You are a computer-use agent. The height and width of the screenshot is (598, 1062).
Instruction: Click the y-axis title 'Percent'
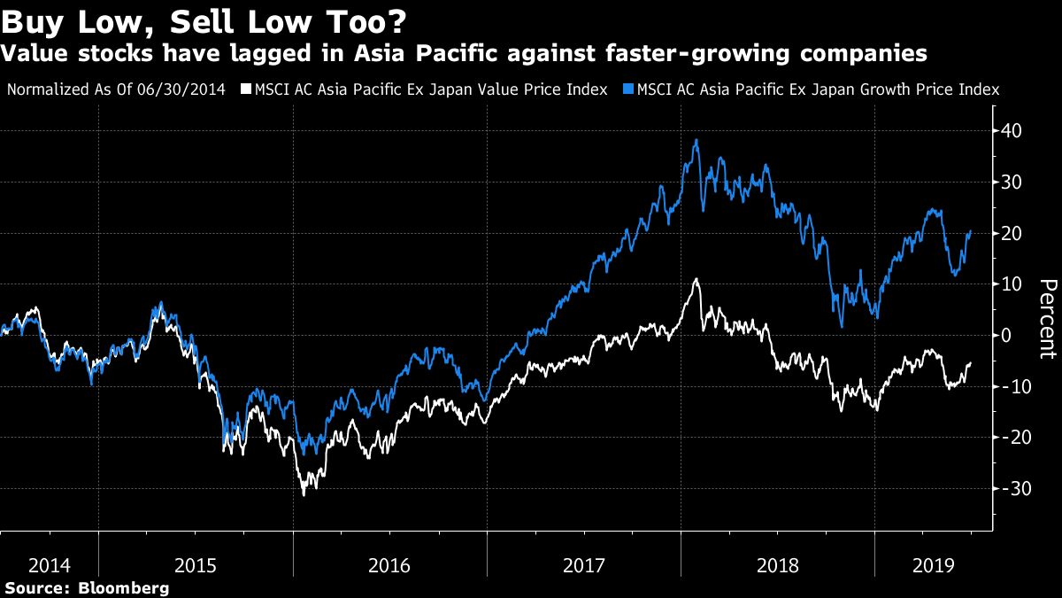coord(1048,319)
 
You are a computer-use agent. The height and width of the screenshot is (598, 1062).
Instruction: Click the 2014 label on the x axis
coord(49,563)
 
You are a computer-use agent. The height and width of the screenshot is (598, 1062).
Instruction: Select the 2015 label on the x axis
coord(196,563)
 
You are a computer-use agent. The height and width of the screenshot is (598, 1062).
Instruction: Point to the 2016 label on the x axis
coord(389,563)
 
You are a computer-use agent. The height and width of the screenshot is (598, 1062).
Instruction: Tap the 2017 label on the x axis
coord(583,563)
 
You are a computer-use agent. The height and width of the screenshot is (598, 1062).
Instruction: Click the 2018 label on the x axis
coord(777,563)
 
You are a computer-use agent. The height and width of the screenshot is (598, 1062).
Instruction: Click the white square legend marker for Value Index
coord(249,89)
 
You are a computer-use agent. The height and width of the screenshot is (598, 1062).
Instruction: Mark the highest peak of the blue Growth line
coord(697,139)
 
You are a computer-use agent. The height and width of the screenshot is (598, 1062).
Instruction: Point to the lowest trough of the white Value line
coord(304,494)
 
